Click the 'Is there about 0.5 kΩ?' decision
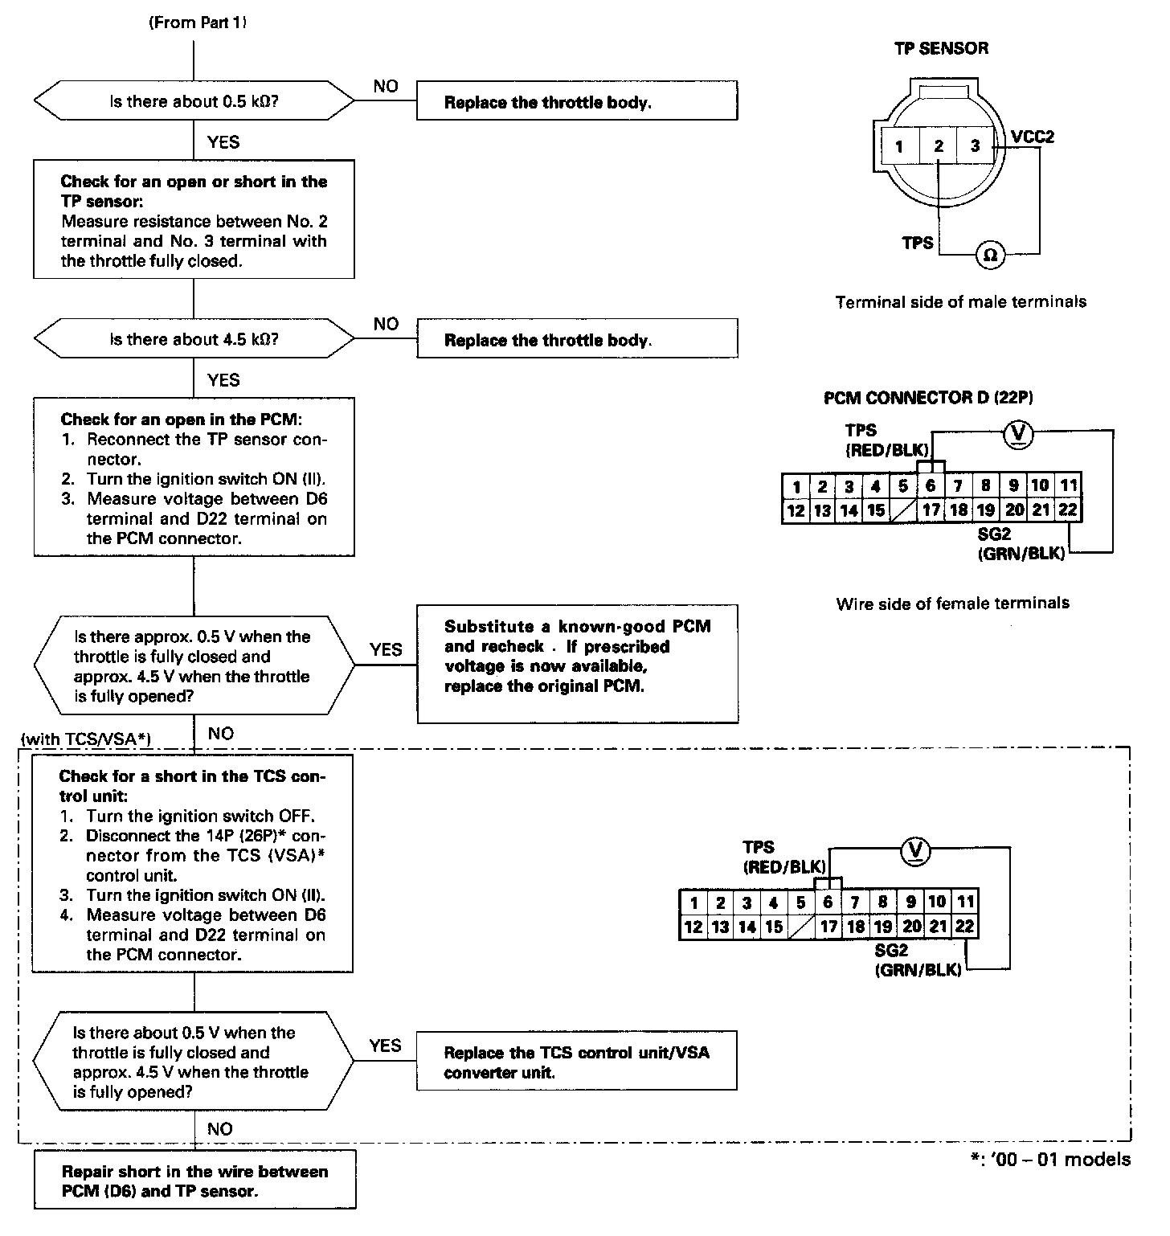[x=194, y=102]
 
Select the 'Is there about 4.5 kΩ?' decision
[x=194, y=339]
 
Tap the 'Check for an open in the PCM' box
[x=194, y=477]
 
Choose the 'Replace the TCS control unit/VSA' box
[x=576, y=1062]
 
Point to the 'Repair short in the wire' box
[x=194, y=1181]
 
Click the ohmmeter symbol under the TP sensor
[x=990, y=255]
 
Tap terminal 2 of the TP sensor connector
[x=938, y=146]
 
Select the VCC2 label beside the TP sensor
[x=1033, y=137]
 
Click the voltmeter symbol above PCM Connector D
[x=1019, y=434]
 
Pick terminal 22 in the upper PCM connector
[x=1067, y=510]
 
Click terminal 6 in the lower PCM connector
[x=828, y=902]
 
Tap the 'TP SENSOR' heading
[x=941, y=48]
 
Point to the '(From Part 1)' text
[x=197, y=23]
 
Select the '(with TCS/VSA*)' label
[x=87, y=738]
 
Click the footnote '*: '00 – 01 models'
[x=1049, y=1160]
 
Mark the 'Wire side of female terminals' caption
[x=952, y=603]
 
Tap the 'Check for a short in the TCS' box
[x=194, y=864]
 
